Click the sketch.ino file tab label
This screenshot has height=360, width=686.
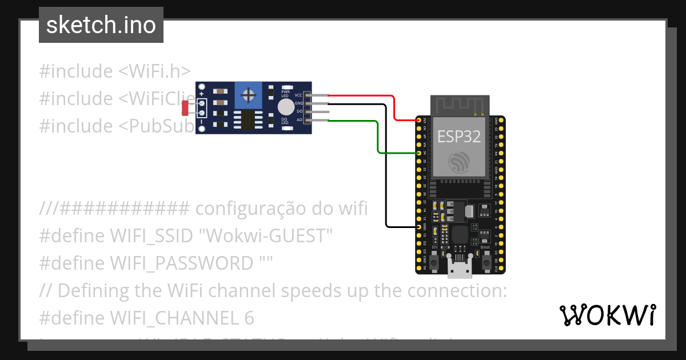[x=101, y=25]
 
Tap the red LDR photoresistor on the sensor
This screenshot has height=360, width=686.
[x=185, y=107]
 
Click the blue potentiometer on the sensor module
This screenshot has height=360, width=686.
[x=248, y=94]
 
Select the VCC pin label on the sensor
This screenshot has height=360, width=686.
[x=298, y=95]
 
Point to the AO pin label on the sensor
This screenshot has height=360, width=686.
[x=299, y=120]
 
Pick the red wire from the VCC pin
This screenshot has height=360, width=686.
[x=394, y=109]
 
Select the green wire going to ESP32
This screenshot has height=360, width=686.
[x=378, y=137]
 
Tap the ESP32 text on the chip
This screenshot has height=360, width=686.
[x=459, y=137]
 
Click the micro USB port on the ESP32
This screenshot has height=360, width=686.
[x=460, y=266]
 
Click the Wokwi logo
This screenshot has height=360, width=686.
[x=607, y=315]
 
